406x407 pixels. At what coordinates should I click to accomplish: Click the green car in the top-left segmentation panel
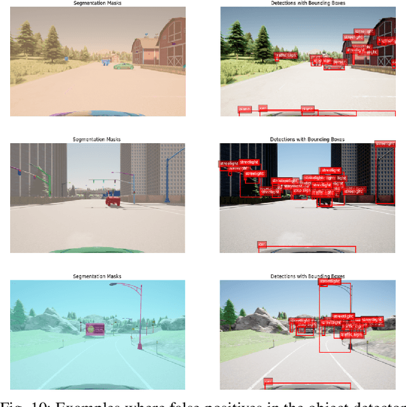(x=123, y=65)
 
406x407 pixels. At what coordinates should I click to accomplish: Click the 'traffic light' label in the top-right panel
(x=285, y=55)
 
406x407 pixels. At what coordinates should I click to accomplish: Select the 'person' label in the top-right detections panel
(x=339, y=62)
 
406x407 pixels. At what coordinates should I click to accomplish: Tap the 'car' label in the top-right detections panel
(x=263, y=108)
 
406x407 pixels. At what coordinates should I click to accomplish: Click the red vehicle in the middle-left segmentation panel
(x=113, y=200)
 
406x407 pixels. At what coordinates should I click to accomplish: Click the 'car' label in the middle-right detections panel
(x=261, y=243)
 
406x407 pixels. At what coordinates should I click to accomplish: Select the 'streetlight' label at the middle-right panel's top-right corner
(x=384, y=144)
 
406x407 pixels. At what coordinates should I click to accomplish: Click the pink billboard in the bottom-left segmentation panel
(x=95, y=330)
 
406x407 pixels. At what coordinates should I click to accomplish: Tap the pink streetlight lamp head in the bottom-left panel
(x=113, y=285)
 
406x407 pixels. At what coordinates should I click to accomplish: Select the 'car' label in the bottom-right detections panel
(x=267, y=381)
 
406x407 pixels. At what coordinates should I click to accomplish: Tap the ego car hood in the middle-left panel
(x=95, y=250)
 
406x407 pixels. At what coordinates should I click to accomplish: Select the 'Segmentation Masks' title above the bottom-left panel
(x=96, y=276)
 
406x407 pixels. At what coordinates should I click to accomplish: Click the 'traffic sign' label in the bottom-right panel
(x=350, y=334)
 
